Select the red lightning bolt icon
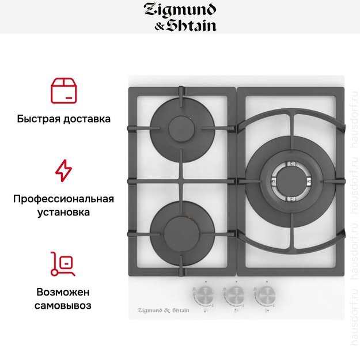click(63, 171)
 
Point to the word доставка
click(86, 119)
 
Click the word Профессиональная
click(63, 199)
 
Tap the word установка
click(63, 213)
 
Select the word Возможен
click(63, 291)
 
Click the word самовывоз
click(63, 305)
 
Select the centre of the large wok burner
click(290, 176)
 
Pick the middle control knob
click(234, 295)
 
